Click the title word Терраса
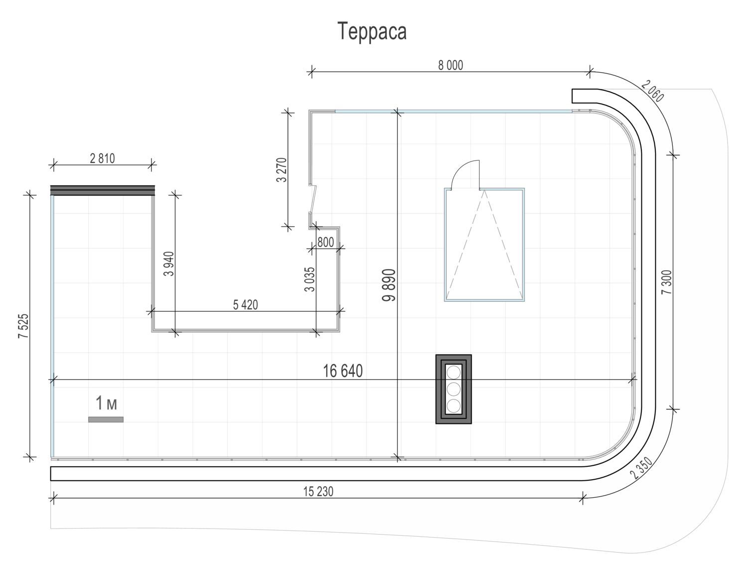(372, 31)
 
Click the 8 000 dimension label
(450, 65)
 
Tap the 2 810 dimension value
(102, 159)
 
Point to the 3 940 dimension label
(169, 264)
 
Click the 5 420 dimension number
(246, 305)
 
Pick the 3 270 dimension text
(282, 170)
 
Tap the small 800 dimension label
(325, 243)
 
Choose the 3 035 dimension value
(310, 279)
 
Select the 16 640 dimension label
(343, 371)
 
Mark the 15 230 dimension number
(318, 492)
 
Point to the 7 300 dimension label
(666, 282)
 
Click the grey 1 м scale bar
(106, 419)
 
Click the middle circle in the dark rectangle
(454, 388)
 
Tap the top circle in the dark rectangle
(454, 372)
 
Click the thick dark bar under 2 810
(103, 190)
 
